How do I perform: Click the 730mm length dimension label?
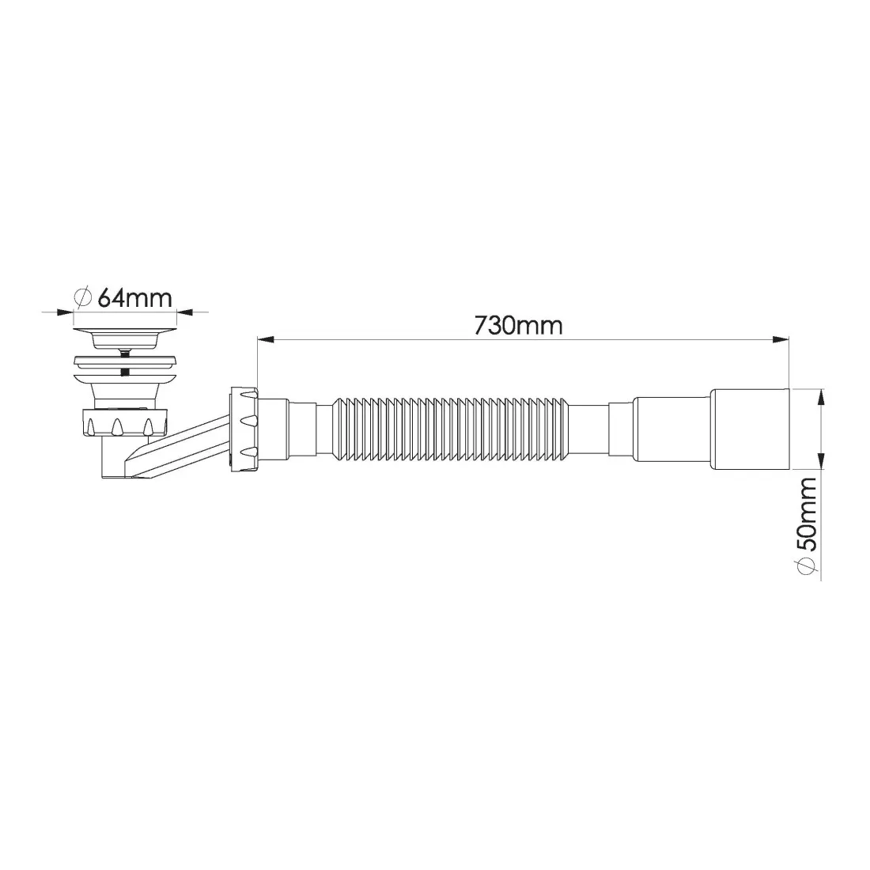tap(518, 325)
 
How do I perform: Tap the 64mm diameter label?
tap(134, 298)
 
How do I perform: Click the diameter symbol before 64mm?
tap(83, 298)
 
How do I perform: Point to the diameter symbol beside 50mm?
tap(806, 566)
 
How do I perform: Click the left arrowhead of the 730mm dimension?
tap(265, 339)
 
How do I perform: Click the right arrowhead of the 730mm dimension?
tap(781, 339)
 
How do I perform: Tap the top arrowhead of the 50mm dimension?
tap(821, 398)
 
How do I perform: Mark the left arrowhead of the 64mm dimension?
tap(65, 312)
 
